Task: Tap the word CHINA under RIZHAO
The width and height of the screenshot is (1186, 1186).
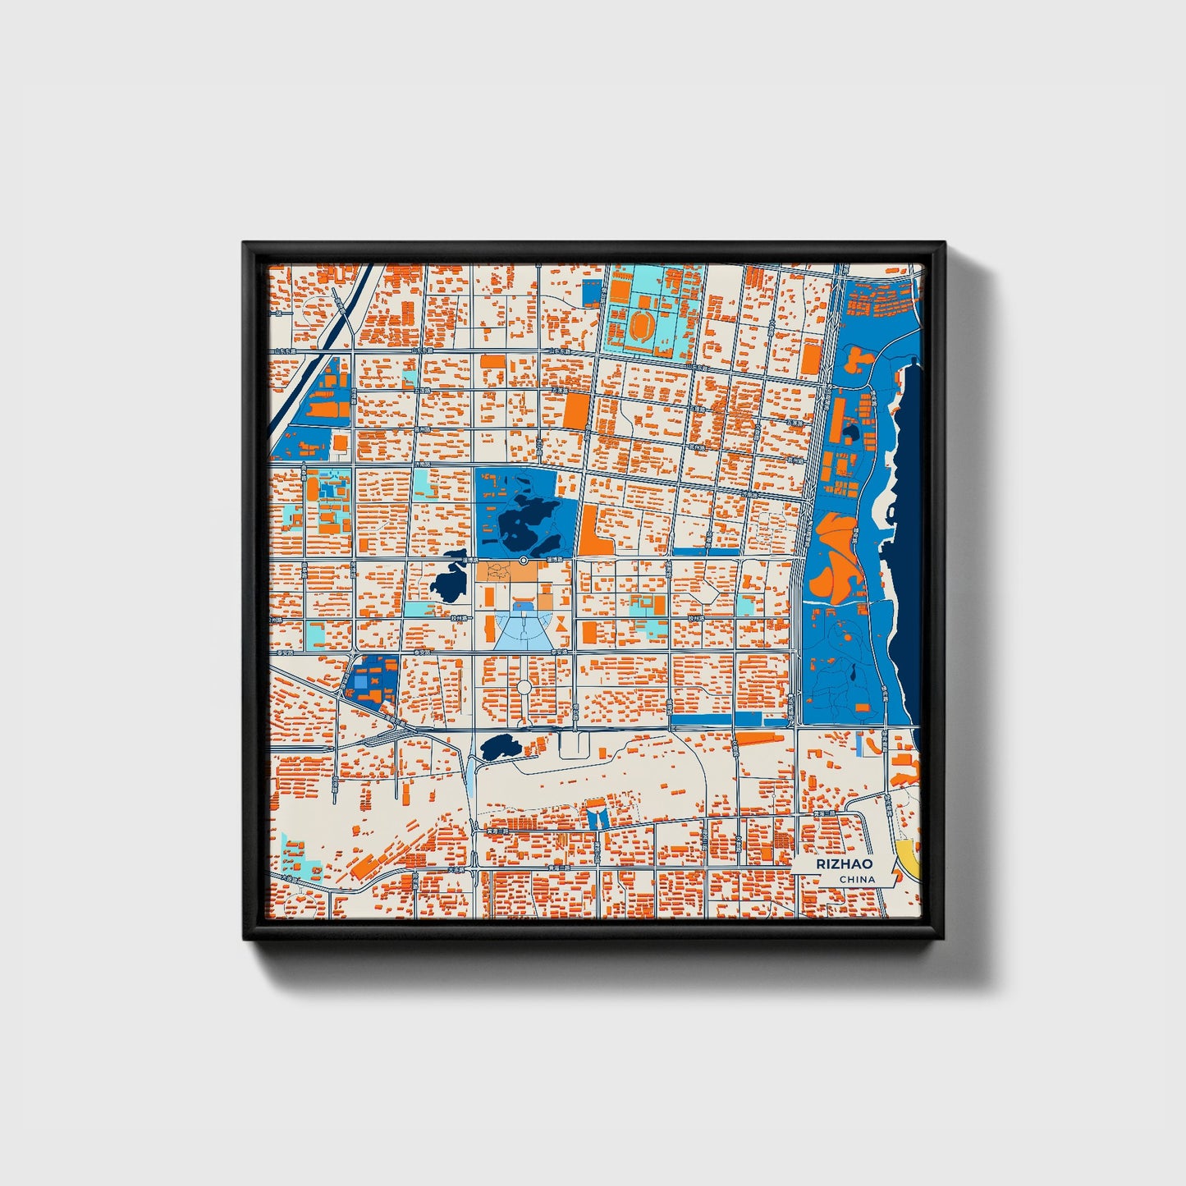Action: pos(857,879)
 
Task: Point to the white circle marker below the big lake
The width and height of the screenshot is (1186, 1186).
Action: pos(524,560)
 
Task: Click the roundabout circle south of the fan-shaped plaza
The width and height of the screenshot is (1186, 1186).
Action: pos(524,686)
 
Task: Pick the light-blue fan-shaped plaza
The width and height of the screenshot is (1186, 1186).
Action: pos(522,632)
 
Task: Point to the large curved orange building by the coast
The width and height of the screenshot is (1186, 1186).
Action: pos(833,558)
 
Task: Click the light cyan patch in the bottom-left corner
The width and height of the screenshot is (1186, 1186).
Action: pos(293,855)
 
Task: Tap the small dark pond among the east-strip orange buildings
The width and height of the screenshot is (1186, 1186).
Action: pos(850,432)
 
